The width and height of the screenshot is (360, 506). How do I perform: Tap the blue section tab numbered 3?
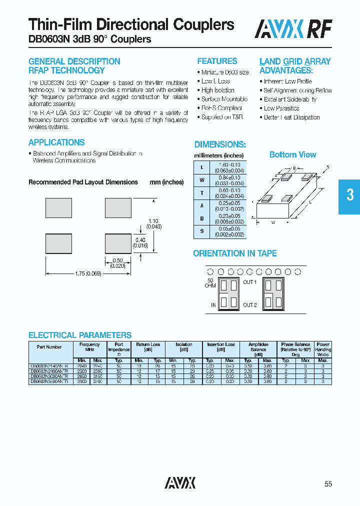coord(350,194)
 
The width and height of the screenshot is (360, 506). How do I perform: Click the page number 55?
coord(328,483)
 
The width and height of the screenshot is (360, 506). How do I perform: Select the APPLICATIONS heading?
coord(56,142)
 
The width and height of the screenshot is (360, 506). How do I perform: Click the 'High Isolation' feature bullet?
coord(217,90)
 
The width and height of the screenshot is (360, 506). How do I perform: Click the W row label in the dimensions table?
coord(201,180)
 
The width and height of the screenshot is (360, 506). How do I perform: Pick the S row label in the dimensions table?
coord(201,232)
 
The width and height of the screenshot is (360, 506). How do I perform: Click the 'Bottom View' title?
coord(292,154)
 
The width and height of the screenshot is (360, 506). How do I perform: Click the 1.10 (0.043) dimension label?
coord(153,224)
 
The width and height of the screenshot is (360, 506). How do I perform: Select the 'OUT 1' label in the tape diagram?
coord(249,282)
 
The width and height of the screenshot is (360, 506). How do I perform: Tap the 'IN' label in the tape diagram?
coord(213,305)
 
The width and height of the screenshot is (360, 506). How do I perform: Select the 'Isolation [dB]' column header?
coord(183,346)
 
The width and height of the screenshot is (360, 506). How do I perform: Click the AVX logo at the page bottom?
coord(180,482)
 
